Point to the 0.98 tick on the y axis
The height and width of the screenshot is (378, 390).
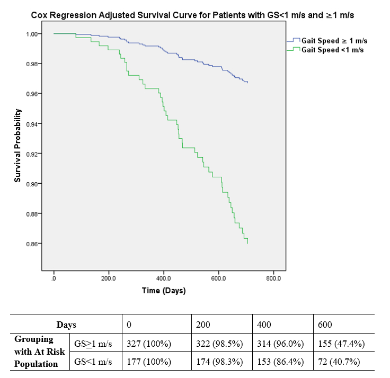click(x=34, y=64)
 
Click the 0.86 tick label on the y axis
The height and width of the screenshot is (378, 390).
click(x=34, y=244)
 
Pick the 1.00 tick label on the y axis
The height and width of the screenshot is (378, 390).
click(x=34, y=34)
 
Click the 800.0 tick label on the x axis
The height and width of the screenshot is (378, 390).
click(x=273, y=278)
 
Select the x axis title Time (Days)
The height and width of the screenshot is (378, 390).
click(x=164, y=290)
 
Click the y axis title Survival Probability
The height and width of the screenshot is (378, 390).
click(x=17, y=146)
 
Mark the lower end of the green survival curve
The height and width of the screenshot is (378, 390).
click(x=247, y=243)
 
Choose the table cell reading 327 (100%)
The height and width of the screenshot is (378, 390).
click(x=149, y=344)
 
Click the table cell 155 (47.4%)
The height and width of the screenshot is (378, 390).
click(x=342, y=344)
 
